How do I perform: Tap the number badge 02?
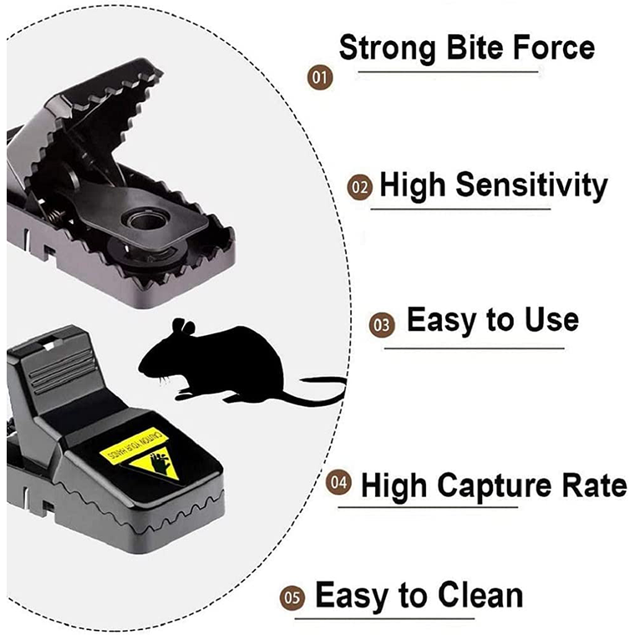coord(358,187)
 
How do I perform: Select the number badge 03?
coord(382,325)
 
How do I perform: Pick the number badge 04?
coord(338,484)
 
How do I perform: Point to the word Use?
coord(547,320)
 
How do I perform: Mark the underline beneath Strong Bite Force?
coord(439,73)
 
